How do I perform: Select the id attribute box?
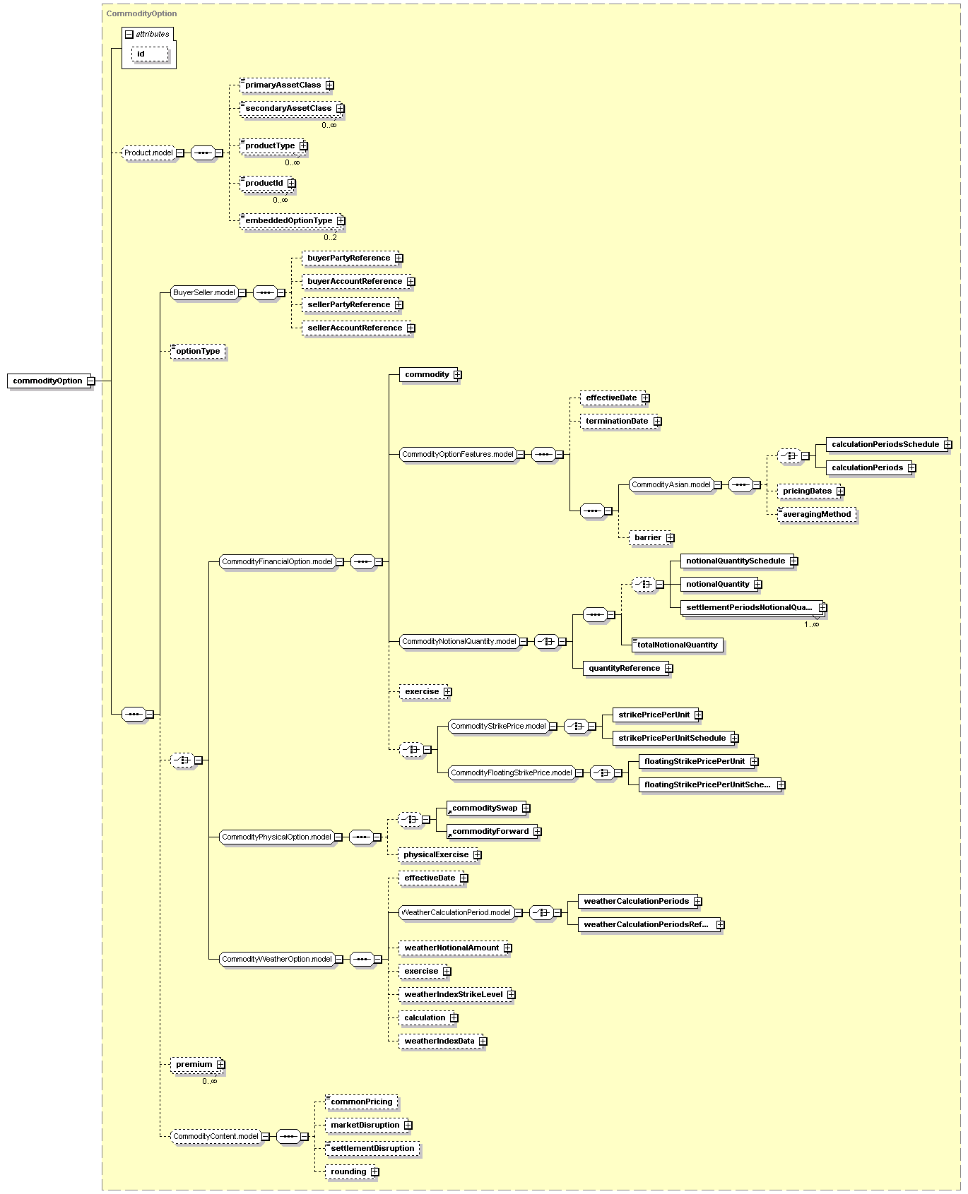click(150, 54)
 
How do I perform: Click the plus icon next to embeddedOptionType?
click(341, 221)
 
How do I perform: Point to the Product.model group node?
click(148, 153)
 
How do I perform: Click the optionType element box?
click(199, 352)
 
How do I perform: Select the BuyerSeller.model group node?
click(204, 292)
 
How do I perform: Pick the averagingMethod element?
click(817, 515)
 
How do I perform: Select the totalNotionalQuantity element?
click(677, 645)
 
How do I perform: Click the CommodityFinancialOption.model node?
click(277, 562)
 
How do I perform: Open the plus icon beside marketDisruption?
click(408, 1126)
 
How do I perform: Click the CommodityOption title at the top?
click(141, 13)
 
